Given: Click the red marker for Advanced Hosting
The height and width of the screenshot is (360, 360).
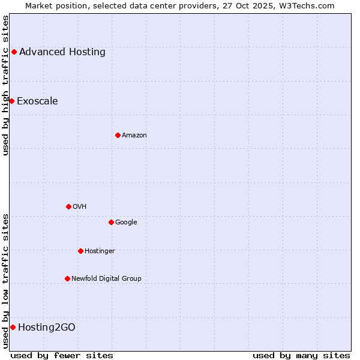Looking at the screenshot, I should point(14,52).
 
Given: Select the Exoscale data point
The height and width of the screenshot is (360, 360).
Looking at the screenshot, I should point(11,101).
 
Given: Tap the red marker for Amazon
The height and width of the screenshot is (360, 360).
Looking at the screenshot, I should point(118,135).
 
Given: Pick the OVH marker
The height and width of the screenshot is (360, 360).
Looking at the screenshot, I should point(68,206).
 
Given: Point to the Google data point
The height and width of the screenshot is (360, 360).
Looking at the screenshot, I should point(111,222).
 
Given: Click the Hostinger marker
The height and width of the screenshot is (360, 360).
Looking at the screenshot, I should point(80,251).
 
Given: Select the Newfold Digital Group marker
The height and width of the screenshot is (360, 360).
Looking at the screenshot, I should point(67,278).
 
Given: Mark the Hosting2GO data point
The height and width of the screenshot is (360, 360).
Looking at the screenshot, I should point(13,327).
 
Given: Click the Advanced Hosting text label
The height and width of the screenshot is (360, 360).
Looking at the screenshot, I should point(62,52).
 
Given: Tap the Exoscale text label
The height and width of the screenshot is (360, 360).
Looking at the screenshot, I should point(37,101).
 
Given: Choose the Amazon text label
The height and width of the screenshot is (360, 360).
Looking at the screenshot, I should point(134,135).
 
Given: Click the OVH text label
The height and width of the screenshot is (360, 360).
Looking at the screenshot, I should point(80,206).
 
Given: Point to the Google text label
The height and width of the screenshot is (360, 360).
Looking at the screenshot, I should point(126,222).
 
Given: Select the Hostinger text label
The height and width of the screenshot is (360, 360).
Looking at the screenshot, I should point(100,251).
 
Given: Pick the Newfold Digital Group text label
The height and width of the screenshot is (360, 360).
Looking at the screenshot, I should point(106,278).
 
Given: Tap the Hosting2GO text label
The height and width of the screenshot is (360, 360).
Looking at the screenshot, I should point(47,327).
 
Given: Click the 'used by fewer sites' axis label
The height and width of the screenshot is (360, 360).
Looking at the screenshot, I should point(62,355).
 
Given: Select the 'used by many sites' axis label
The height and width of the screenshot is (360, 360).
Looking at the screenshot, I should point(301,355).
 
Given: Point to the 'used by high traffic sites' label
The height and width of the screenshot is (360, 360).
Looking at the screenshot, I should point(5,85).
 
